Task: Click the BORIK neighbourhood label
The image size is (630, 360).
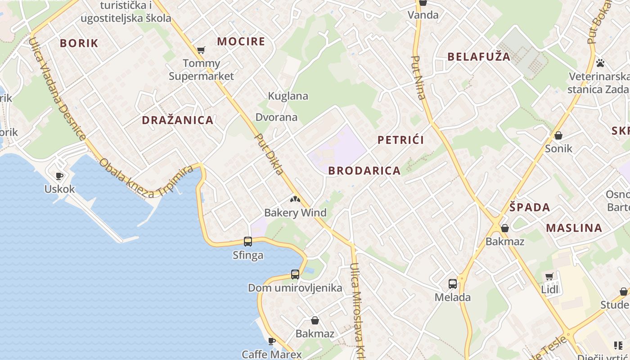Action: tap(79, 43)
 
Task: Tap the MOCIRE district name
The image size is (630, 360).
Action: tap(241, 41)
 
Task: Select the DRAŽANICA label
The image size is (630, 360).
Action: tap(177, 120)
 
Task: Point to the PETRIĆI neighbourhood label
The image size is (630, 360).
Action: tap(400, 140)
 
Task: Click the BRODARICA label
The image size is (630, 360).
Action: tap(364, 171)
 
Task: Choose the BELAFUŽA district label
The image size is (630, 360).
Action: tap(479, 57)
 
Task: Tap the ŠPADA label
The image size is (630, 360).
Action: tap(530, 207)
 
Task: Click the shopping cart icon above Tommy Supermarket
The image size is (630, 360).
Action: tap(201, 50)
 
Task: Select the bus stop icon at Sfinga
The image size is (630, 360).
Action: tap(248, 242)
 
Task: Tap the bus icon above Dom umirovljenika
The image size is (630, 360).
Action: tap(295, 274)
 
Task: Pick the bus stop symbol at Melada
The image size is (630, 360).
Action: tap(453, 284)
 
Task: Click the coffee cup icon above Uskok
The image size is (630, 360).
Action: tap(59, 176)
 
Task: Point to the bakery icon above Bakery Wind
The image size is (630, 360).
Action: tap(295, 199)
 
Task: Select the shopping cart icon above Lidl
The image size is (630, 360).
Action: tap(549, 276)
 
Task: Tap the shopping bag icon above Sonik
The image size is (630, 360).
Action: tap(558, 135)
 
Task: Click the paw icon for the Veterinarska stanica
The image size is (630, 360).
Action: tap(600, 63)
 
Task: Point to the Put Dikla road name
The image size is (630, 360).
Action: tap(270, 154)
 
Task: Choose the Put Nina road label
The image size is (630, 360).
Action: tap(418, 77)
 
